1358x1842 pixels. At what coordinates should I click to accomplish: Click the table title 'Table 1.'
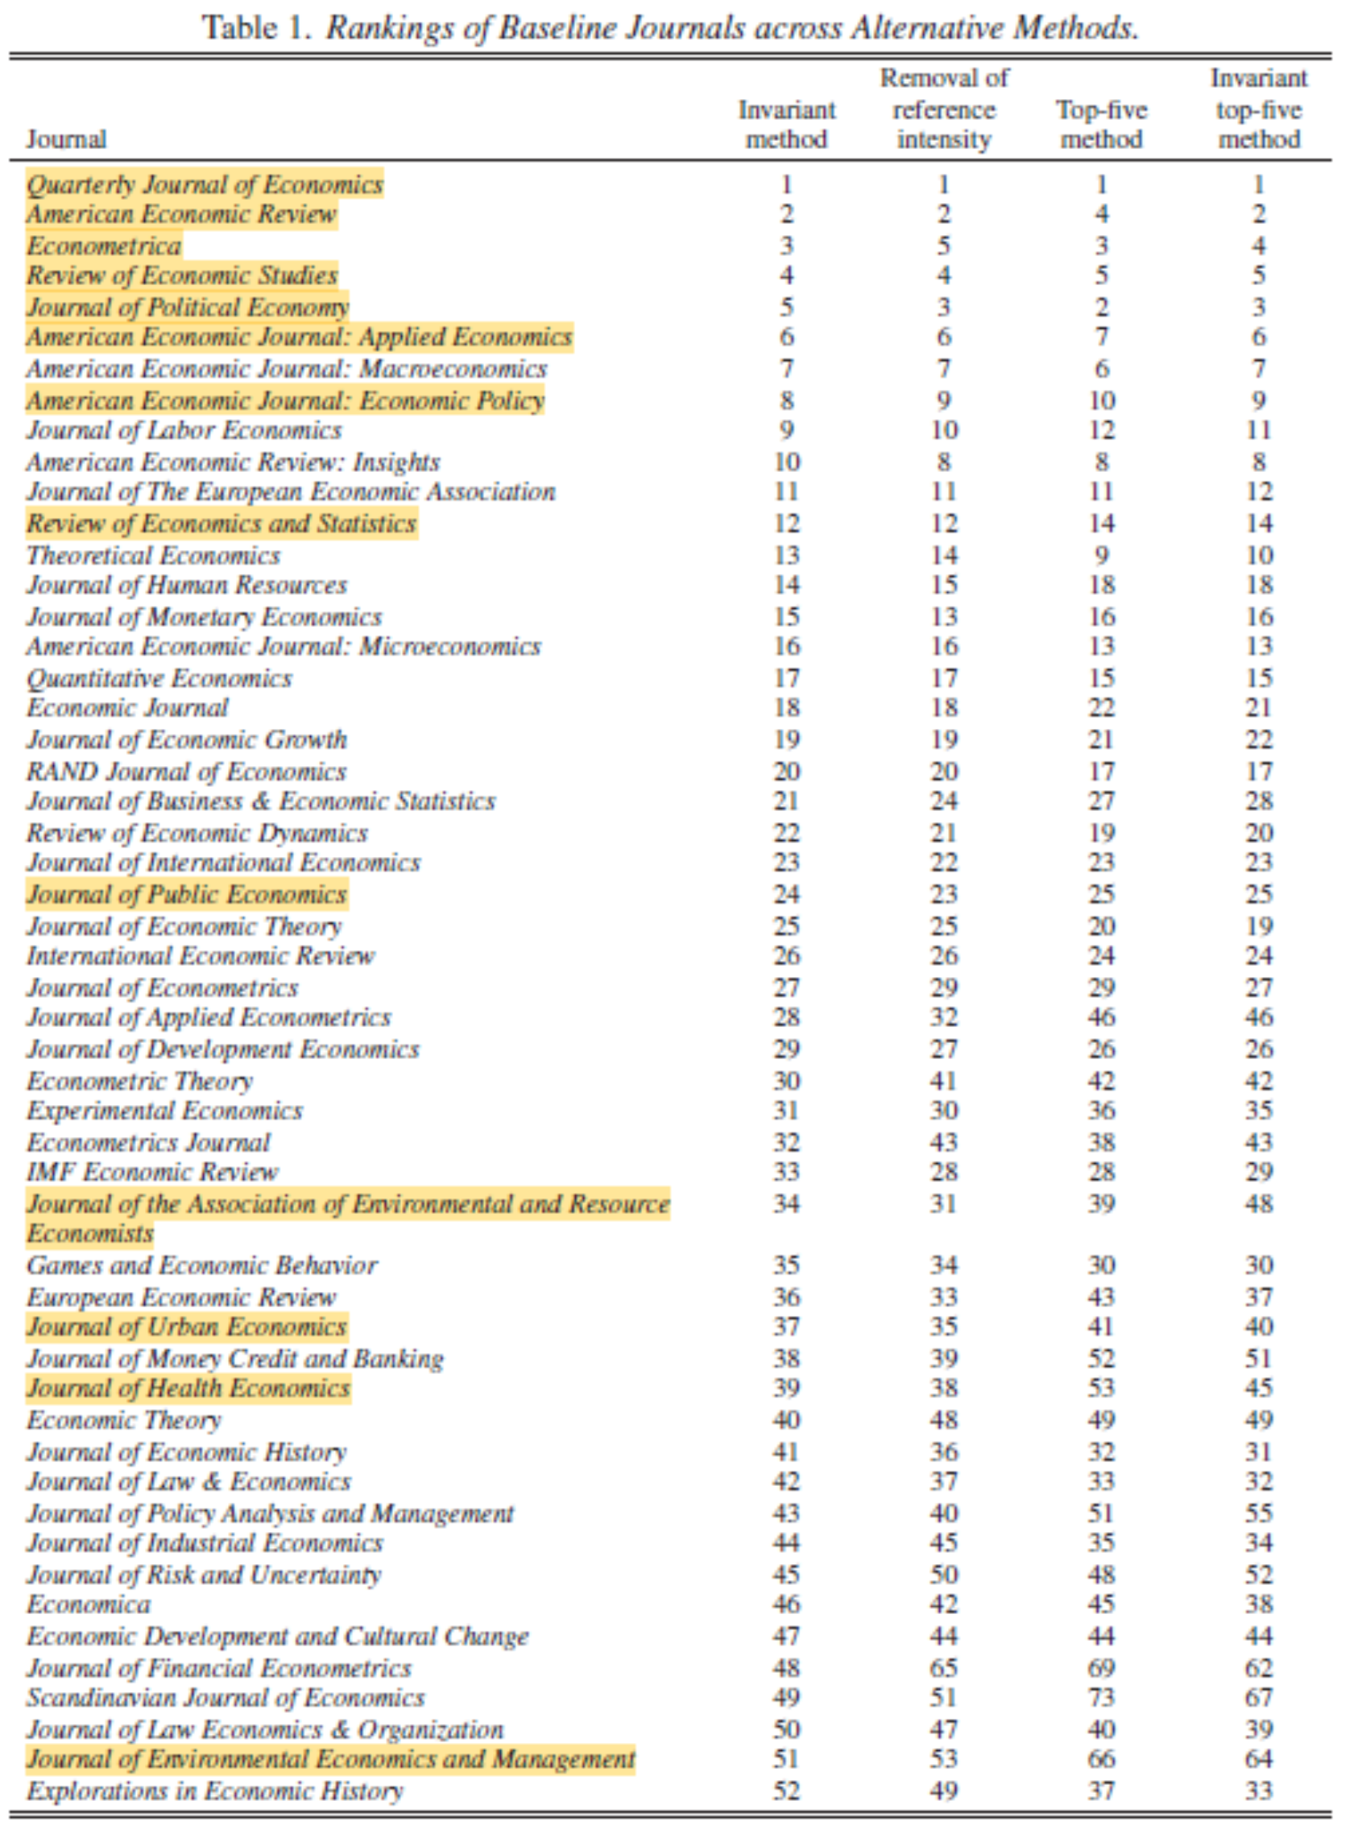tap(256, 28)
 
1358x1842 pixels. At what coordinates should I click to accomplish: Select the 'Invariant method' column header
tap(786, 124)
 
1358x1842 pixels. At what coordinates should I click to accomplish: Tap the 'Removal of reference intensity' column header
tap(944, 110)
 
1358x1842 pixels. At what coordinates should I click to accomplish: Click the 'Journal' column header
tap(66, 139)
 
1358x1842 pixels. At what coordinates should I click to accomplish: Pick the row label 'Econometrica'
tap(104, 246)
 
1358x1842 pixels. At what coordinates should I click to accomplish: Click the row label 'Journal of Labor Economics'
tap(184, 430)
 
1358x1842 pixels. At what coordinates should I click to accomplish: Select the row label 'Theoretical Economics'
tap(154, 555)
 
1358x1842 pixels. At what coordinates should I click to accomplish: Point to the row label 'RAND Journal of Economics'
tap(187, 771)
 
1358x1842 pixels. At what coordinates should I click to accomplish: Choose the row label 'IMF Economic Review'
tap(153, 1171)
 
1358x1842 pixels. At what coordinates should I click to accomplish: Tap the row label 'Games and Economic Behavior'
tap(202, 1265)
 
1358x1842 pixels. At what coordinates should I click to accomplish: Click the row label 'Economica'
tap(89, 1604)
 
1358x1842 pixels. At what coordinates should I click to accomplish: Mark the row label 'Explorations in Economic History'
tap(214, 1790)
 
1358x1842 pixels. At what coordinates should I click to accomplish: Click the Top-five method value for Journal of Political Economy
tap(1102, 308)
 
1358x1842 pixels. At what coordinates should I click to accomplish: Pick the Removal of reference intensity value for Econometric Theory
tap(944, 1081)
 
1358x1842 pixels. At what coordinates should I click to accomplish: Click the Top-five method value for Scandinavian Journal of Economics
tap(1102, 1697)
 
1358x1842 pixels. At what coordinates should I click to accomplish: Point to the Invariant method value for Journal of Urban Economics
tap(786, 1327)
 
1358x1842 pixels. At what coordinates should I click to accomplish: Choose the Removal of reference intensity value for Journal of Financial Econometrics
tap(944, 1667)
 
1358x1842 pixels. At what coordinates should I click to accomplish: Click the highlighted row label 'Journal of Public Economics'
tap(187, 894)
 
